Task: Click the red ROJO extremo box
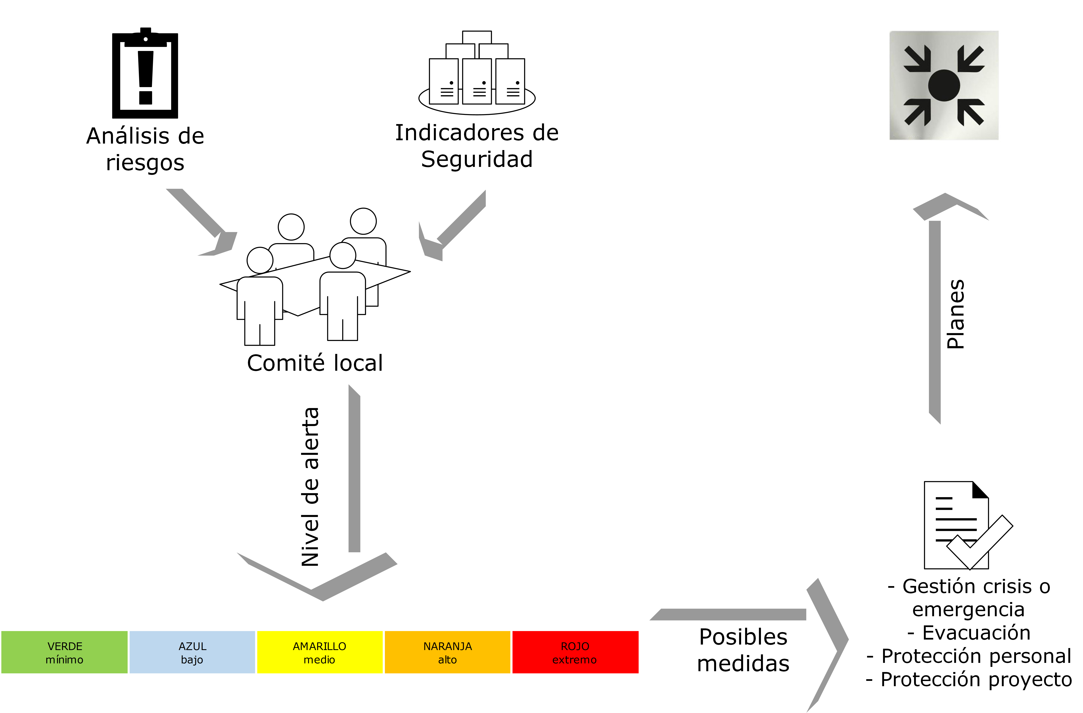pos(575,652)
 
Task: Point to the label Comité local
pos(315,363)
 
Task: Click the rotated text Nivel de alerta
pos(311,486)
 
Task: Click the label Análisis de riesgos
pos(145,149)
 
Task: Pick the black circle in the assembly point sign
pos(944,85)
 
